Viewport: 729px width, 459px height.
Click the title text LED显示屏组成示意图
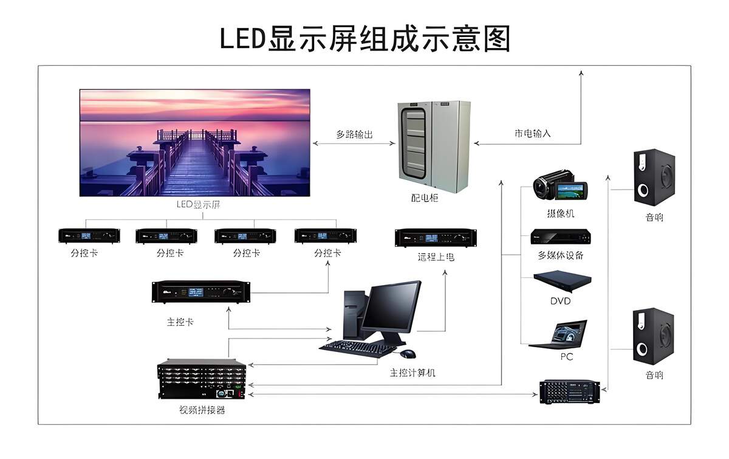point(364,38)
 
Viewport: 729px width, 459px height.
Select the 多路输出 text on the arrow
point(354,134)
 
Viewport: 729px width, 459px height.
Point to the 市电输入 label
point(533,133)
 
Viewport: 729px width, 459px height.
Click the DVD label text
point(560,301)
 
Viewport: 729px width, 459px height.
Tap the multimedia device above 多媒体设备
point(560,236)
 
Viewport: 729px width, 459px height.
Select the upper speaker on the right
point(654,177)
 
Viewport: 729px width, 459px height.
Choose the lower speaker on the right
point(654,336)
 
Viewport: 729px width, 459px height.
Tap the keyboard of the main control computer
point(357,347)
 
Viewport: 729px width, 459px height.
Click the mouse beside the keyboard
point(408,353)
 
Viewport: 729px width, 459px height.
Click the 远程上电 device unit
point(435,238)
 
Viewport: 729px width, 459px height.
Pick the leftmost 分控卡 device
point(89,236)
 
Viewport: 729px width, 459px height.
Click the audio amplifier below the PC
point(570,391)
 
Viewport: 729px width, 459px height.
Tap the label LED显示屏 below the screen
point(198,204)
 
